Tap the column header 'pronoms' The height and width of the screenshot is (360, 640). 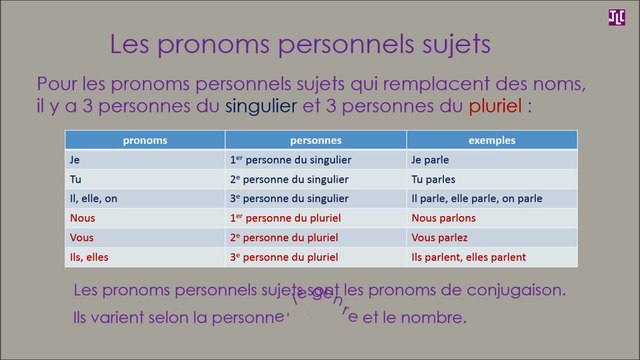[x=145, y=141]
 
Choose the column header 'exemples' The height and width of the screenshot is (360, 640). [x=492, y=141]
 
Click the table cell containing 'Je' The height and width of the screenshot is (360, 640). [x=75, y=160]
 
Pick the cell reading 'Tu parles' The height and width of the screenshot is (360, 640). [x=434, y=179]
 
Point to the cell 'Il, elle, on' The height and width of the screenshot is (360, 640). [x=94, y=199]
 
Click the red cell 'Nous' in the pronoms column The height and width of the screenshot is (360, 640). [x=82, y=218]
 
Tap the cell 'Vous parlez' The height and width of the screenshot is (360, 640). [x=439, y=237]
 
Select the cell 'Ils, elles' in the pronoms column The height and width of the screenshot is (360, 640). [x=91, y=257]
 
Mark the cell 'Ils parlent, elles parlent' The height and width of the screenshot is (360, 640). [x=469, y=257]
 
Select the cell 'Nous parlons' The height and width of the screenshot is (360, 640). [x=443, y=218]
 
